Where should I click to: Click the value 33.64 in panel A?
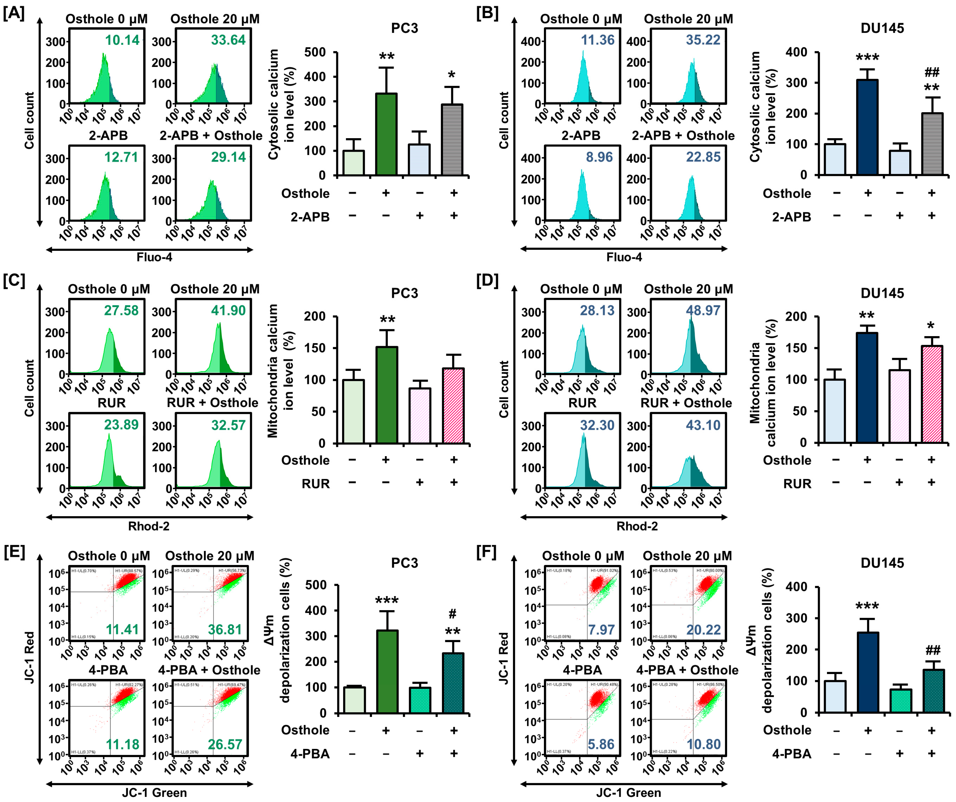(x=228, y=40)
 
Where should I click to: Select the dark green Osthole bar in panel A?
(x=386, y=134)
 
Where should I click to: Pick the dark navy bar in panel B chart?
(x=867, y=127)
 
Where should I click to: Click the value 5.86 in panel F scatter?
(x=601, y=744)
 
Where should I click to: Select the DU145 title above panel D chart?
(x=882, y=293)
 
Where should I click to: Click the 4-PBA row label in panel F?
(x=792, y=754)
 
